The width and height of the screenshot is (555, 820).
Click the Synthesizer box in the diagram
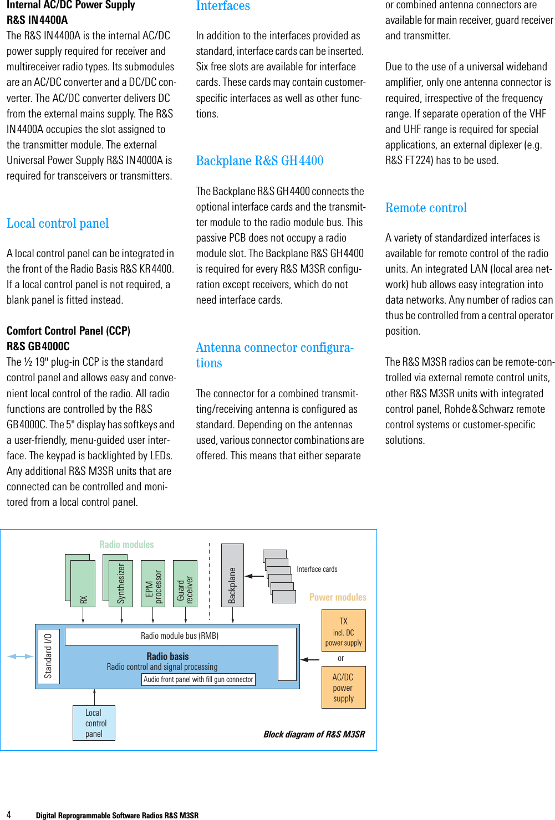[x=121, y=583]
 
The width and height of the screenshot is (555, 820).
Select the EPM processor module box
[x=153, y=583]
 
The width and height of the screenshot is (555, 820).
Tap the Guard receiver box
[x=185, y=583]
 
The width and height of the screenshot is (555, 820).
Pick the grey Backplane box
[x=232, y=575]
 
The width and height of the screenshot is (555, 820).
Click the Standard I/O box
[x=48, y=657]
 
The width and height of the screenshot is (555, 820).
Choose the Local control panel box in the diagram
[x=94, y=723]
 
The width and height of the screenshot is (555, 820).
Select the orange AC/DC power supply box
[x=343, y=687]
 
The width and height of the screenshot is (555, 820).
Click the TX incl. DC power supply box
[x=343, y=631]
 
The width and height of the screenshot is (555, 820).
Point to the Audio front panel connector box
[x=198, y=679]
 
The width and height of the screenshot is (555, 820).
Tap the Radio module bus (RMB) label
[x=180, y=636]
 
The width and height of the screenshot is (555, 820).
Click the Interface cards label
[x=317, y=569]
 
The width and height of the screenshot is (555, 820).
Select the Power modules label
[x=338, y=597]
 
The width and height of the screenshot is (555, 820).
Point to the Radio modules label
[x=126, y=545]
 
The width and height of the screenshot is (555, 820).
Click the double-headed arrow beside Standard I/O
[x=21, y=657]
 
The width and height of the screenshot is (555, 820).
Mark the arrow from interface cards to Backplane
[x=254, y=576]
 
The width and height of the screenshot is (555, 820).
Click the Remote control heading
[x=426, y=208]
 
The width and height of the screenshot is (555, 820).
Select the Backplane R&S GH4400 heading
[x=259, y=161]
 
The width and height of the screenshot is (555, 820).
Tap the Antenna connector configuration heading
[x=274, y=355]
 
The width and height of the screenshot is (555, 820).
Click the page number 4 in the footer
[x=8, y=815]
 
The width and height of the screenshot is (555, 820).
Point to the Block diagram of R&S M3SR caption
[x=314, y=734]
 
